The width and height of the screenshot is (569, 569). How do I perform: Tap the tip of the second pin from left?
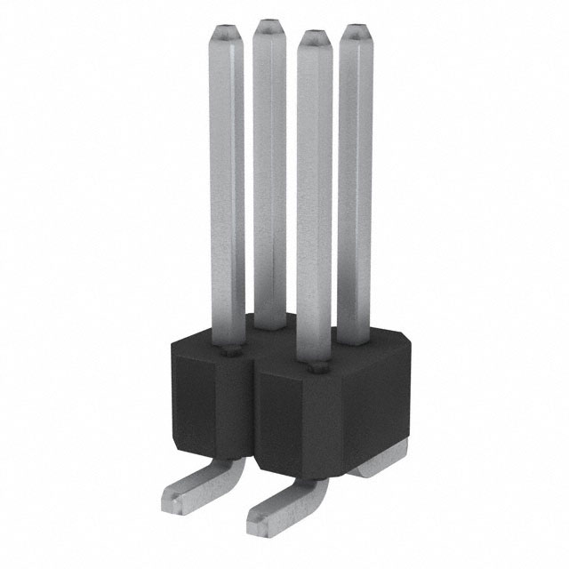click(268, 28)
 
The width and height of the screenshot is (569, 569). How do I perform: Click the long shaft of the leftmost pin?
click(228, 178)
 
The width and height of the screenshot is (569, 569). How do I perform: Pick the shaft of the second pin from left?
click(268, 178)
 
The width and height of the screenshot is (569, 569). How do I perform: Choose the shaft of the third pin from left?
click(314, 196)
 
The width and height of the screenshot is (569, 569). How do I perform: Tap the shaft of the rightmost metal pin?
click(354, 178)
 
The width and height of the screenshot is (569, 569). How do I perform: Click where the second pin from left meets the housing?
click(269, 329)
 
